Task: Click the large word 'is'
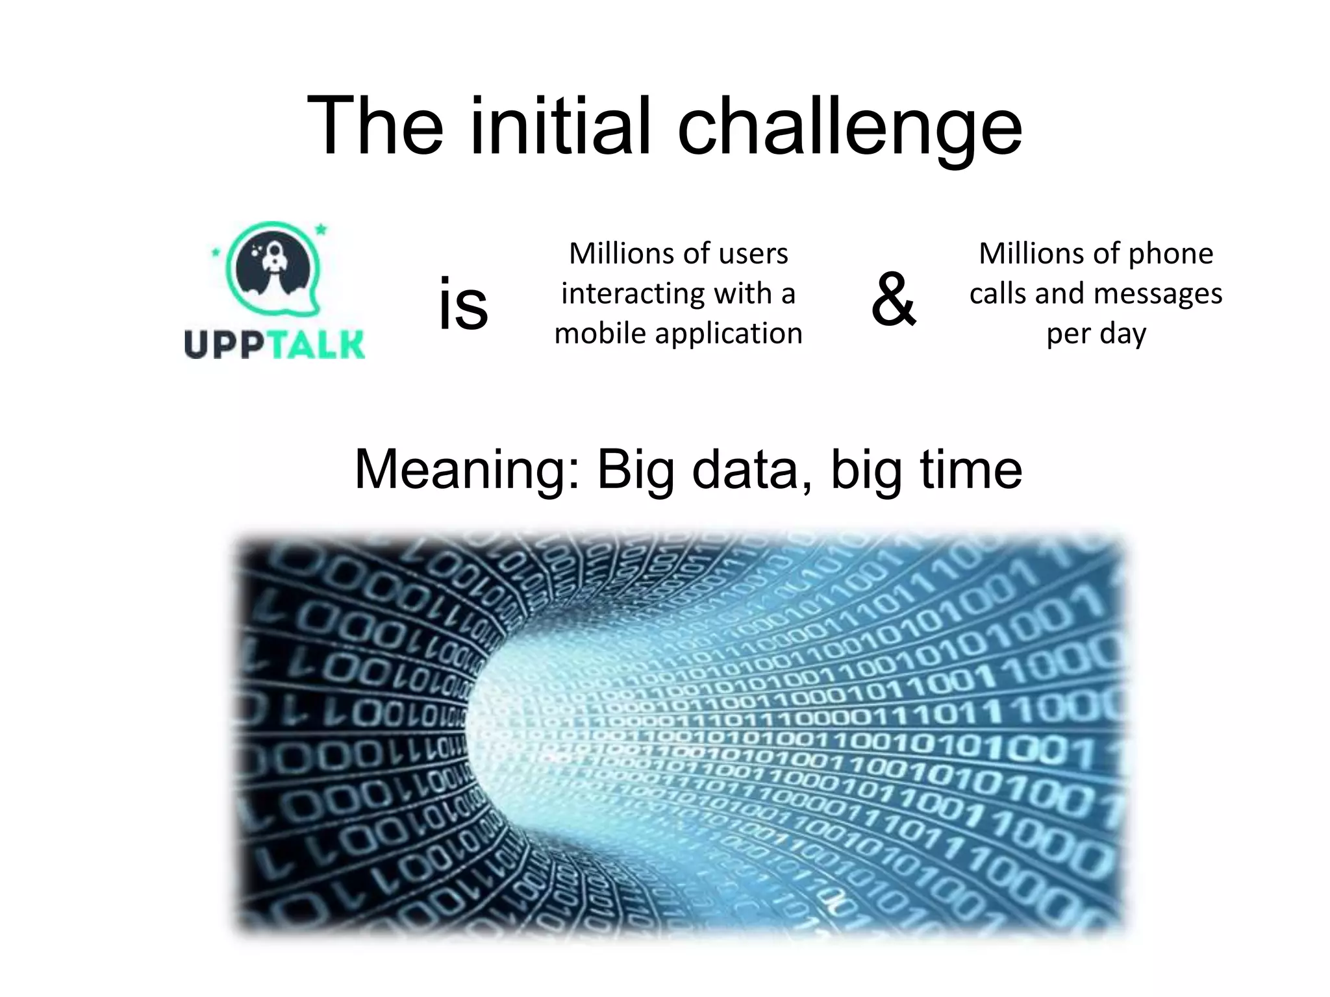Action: tap(462, 304)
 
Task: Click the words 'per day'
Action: tap(1096, 334)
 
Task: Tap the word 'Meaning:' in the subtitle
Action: tap(468, 470)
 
